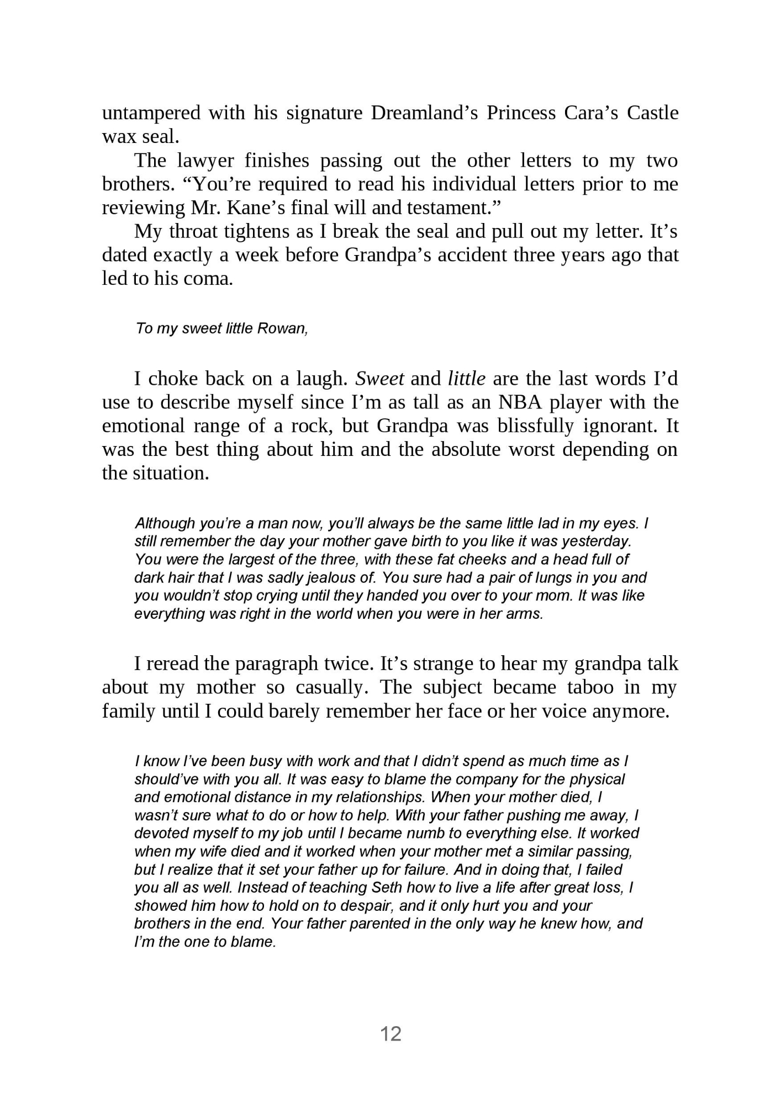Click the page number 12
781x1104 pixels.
390,1033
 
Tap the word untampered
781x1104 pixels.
151,113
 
